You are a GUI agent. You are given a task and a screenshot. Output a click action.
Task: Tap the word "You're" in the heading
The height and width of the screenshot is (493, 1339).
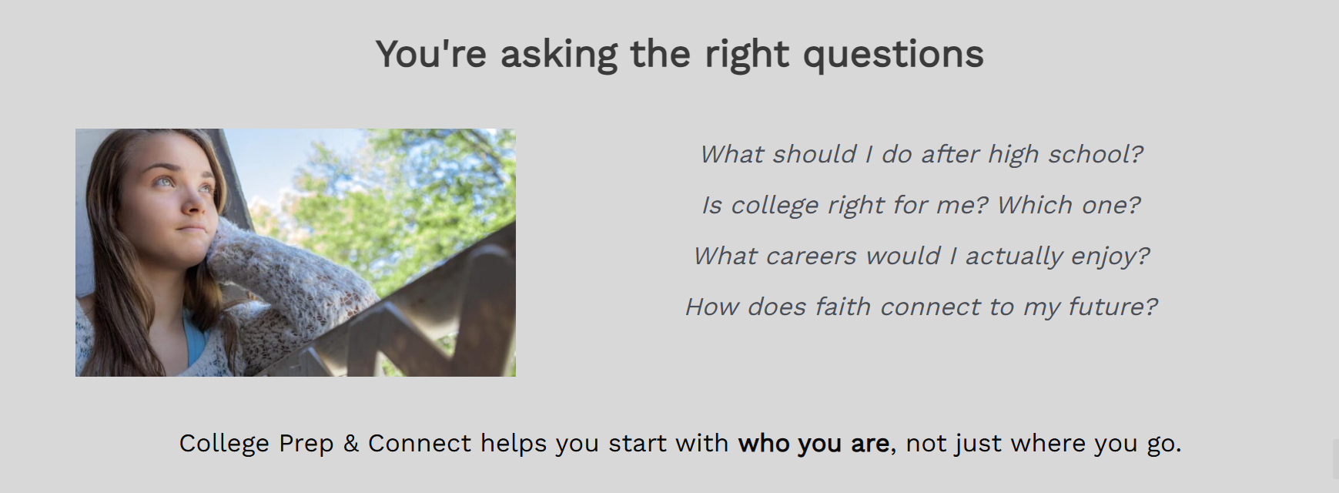pos(431,54)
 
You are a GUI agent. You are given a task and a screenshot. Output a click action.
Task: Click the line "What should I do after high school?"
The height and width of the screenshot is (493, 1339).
pos(921,155)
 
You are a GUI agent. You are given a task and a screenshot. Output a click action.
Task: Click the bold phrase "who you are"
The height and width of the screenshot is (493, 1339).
pos(813,444)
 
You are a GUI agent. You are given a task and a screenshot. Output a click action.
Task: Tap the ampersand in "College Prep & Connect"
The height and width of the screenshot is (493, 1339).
pos(350,444)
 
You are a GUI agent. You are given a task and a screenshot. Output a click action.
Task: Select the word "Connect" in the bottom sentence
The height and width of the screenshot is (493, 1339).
pos(420,444)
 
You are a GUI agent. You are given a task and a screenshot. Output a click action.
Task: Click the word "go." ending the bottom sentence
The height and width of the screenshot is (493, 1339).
pos(1163,445)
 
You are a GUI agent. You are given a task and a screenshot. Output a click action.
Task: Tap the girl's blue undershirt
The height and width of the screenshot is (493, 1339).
pos(194,339)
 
